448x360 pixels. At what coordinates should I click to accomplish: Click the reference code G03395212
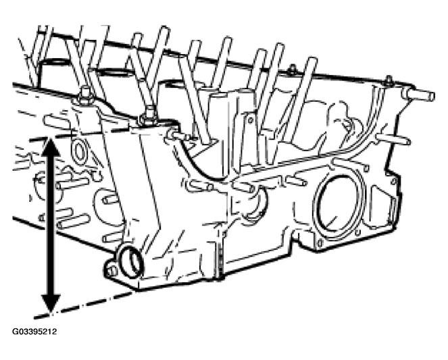[x=34, y=332]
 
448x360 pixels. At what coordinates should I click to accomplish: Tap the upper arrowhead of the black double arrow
[x=51, y=147]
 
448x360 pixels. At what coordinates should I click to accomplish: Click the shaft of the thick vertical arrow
[x=51, y=225]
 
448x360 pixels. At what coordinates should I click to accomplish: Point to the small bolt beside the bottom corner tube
[x=111, y=269]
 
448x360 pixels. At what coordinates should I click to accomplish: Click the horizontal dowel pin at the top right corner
[x=418, y=95]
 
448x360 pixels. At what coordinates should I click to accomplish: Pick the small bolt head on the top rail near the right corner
[x=389, y=80]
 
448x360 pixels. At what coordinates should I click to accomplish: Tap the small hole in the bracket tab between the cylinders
[x=250, y=120]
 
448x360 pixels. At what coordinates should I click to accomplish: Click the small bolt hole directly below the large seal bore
[x=320, y=242]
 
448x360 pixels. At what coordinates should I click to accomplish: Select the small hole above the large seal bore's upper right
[x=366, y=168]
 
